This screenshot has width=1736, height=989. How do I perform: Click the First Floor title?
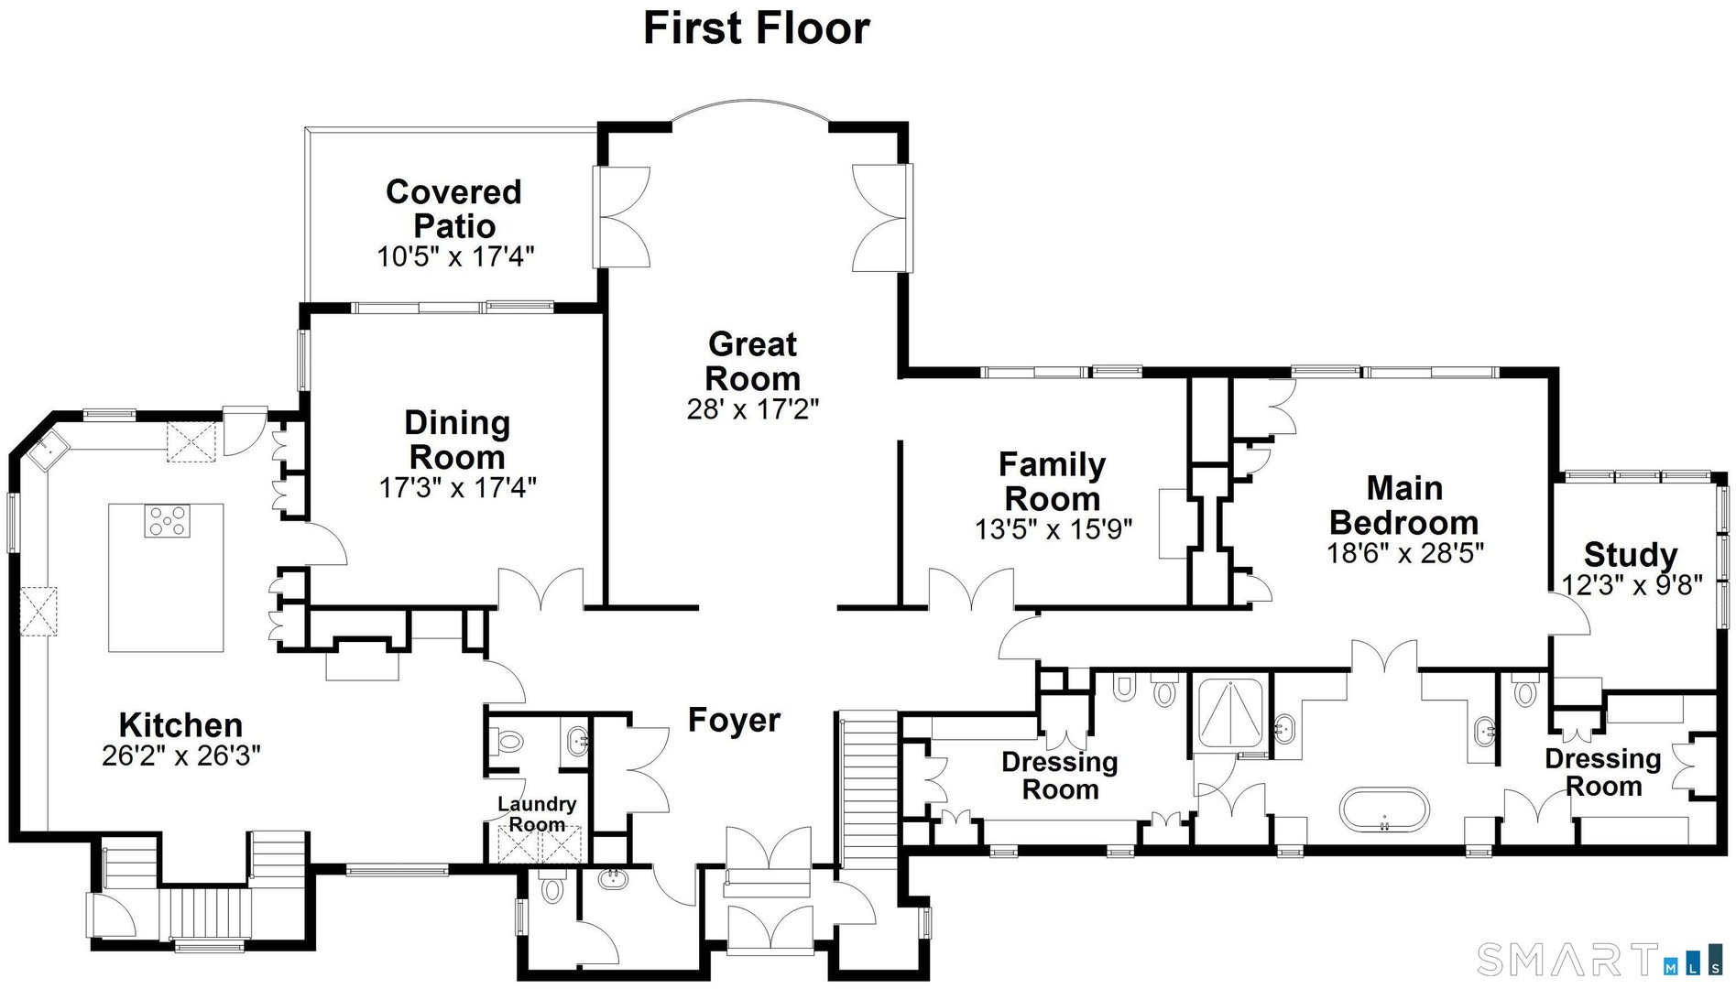(756, 27)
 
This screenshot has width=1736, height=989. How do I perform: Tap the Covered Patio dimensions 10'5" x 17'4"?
(455, 256)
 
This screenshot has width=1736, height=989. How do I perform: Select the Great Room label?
(753, 361)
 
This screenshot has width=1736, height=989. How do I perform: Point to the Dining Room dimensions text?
(457, 487)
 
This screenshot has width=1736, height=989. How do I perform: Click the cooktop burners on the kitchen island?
(167, 521)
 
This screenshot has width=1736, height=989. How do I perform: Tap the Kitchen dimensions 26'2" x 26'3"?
(181, 755)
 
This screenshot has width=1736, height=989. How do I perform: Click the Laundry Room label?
(537, 813)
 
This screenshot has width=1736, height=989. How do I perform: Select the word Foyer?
(734, 720)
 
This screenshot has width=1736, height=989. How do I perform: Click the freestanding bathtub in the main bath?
(1384, 809)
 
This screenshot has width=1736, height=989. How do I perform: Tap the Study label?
(1630, 555)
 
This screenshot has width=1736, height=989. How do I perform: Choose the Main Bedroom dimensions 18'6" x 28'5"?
(1404, 553)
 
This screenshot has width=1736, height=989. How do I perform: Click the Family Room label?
(1052, 482)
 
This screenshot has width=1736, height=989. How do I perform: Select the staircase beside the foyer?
(868, 788)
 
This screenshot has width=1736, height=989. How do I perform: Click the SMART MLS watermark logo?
(1600, 959)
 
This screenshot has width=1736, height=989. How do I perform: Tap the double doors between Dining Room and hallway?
(540, 591)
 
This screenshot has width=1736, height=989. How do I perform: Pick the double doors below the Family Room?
(971, 591)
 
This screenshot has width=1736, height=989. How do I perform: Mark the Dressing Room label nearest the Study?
(1602, 772)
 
